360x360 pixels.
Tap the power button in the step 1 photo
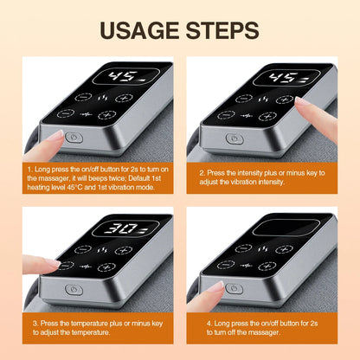(x=73, y=137)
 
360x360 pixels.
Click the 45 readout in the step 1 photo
(x=121, y=75)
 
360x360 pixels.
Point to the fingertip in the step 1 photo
(x=55, y=135)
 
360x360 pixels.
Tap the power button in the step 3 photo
(x=73, y=289)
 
